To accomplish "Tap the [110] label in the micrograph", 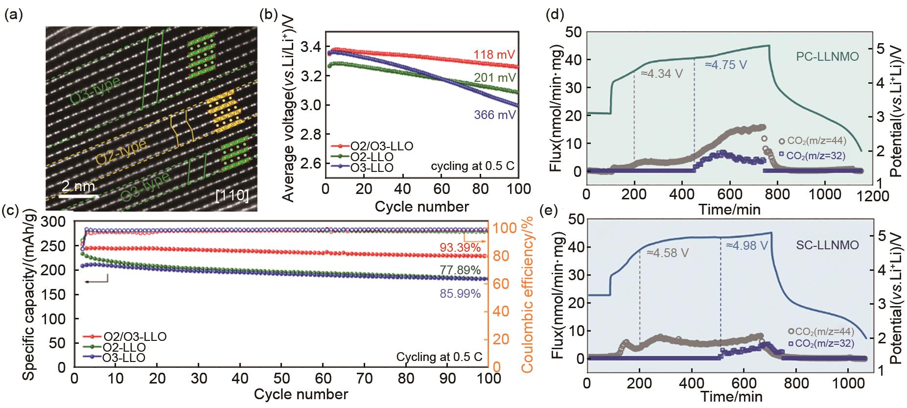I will pyautogui.click(x=233, y=196).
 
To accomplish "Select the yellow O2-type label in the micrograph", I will pyautogui.click(x=120, y=153).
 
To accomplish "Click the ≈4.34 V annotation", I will pyautogui.click(x=661, y=74).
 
